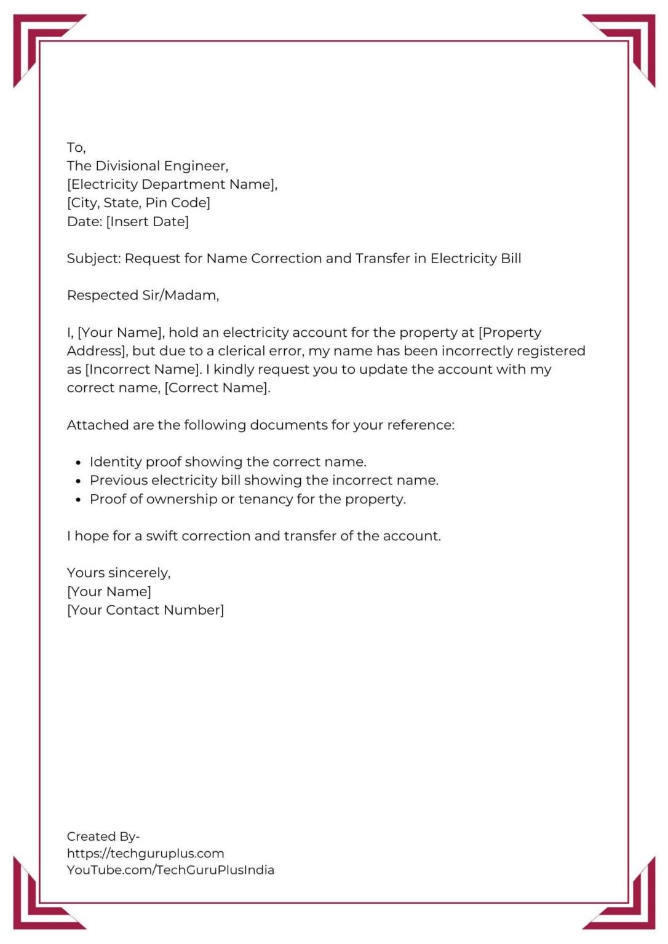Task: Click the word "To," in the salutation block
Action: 76,147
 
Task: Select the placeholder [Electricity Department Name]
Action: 172,184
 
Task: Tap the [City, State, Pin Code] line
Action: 138,203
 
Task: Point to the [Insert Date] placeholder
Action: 148,221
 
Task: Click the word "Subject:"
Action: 94,259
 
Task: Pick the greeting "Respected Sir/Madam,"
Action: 143,296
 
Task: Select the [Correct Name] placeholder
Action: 217,388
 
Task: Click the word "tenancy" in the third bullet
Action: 265,499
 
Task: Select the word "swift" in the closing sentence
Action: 162,536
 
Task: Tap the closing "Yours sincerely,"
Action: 119,573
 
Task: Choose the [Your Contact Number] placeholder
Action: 145,610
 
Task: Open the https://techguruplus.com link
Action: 145,853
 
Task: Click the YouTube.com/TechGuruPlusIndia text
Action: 170,870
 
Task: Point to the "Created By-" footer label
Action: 103,836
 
